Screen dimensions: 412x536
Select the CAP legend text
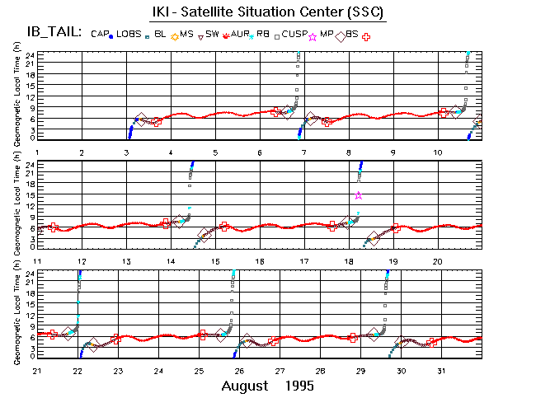click(100, 34)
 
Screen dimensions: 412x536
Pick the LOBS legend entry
click(129, 34)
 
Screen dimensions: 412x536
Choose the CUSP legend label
click(294, 34)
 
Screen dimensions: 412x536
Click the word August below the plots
click(246, 386)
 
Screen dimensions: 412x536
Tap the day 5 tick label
click(215, 153)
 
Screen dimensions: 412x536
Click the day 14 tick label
click(171, 261)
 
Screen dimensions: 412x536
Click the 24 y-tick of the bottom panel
click(31, 273)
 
